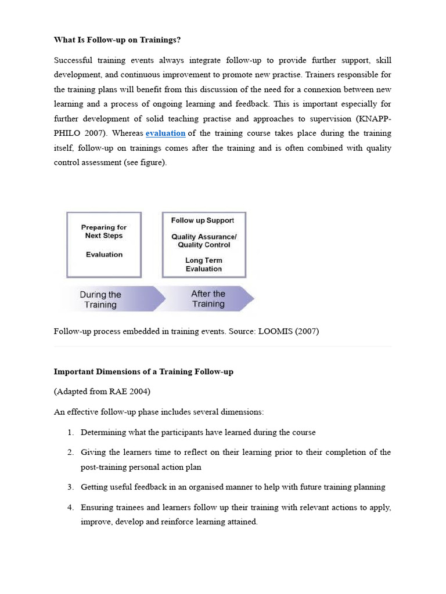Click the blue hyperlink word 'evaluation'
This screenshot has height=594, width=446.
pos(166,133)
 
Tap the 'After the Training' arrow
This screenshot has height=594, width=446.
pos(209,299)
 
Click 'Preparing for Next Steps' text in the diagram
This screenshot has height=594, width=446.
pos(104,231)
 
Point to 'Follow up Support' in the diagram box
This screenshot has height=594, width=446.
pos(203,220)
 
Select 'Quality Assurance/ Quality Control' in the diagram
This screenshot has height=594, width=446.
pos(204,241)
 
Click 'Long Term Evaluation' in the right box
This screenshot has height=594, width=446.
pos(204,265)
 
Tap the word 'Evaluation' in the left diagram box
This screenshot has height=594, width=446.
pos(104,255)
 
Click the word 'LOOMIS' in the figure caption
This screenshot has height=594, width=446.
pos(272,331)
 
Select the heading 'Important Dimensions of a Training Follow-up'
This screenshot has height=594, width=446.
pos(143,371)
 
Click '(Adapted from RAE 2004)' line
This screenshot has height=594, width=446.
pos(102,392)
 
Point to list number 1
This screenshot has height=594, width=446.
pos(70,432)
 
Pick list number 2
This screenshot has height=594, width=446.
pos(70,452)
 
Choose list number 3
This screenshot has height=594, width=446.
pos(70,487)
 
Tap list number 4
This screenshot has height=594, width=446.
pos(70,508)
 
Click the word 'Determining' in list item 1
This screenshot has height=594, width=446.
pos(103,432)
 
